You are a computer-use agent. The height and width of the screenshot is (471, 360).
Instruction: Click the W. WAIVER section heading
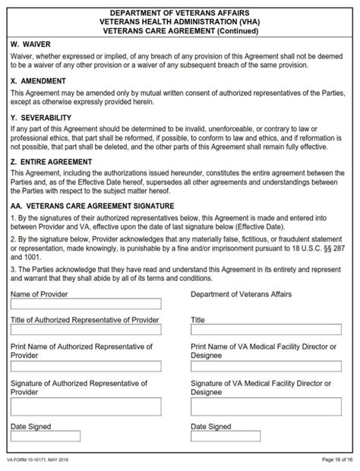click(x=30, y=45)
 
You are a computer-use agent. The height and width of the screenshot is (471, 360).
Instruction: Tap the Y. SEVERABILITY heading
click(x=41, y=118)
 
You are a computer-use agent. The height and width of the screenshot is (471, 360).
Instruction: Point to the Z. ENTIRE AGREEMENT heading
click(x=52, y=162)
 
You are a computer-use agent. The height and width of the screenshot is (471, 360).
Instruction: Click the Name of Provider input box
click(x=86, y=304)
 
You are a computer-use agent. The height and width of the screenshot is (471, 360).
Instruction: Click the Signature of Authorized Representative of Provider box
click(x=86, y=406)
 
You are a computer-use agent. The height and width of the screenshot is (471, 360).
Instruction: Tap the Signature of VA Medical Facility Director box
click(x=266, y=406)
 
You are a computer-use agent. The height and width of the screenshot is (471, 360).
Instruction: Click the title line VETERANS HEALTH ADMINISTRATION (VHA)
click(x=180, y=22)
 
